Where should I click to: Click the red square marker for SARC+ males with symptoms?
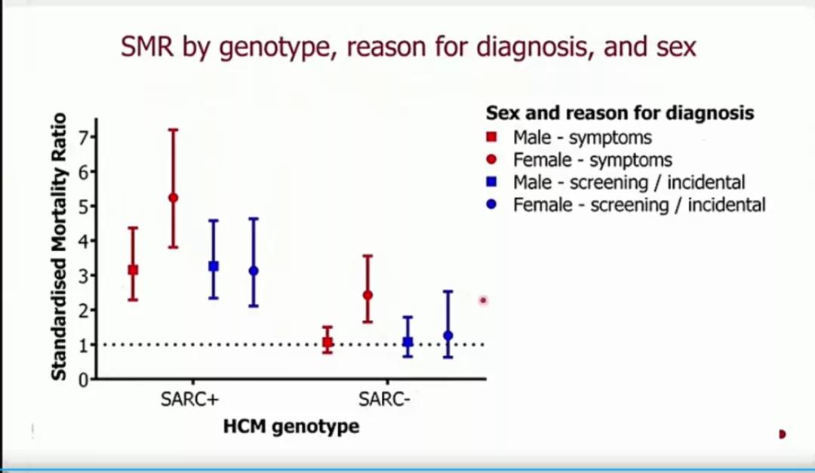tap(133, 270)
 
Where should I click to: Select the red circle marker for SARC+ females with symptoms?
tap(173, 198)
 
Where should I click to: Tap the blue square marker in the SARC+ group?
tap(213, 266)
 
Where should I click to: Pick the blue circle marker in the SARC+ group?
tap(253, 271)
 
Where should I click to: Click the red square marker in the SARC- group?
tap(328, 342)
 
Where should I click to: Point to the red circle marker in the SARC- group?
tap(368, 295)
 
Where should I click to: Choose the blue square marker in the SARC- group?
tap(408, 342)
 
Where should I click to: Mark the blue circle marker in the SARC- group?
tap(448, 336)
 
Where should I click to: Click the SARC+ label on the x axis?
tap(189, 399)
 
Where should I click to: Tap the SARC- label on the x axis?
tap(384, 399)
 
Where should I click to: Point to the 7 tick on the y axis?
tap(83, 137)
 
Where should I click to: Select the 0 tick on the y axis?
tap(83, 379)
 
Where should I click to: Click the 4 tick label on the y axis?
tap(83, 241)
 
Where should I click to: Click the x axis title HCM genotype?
tap(291, 427)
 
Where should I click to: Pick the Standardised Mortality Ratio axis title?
tap(60, 247)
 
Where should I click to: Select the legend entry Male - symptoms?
tap(582, 138)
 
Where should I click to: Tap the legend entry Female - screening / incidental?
tap(639, 204)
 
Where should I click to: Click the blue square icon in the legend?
tap(491, 182)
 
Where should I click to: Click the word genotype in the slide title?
tap(275, 48)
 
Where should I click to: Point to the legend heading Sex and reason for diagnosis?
tap(620, 112)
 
